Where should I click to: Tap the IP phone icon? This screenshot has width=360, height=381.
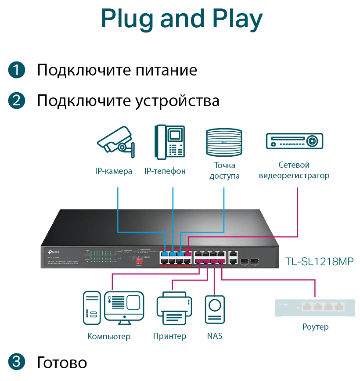[169, 141]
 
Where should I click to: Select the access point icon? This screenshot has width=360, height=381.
[224, 142]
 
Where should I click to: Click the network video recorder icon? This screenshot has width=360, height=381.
[295, 141]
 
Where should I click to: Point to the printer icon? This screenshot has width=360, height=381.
[172, 309]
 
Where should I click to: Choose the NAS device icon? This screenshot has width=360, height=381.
[215, 310]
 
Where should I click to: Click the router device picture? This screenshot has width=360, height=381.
[316, 307]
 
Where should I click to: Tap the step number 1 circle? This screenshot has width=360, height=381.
[16, 70]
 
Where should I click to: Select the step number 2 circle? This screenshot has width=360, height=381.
[16, 101]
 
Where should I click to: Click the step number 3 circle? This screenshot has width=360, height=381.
[16, 362]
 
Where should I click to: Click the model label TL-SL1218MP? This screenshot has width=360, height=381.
[319, 262]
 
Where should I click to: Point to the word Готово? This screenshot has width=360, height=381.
[62, 363]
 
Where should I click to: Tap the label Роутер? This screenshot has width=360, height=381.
[315, 327]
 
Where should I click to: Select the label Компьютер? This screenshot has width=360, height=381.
[109, 337]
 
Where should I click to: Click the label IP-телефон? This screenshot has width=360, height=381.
[165, 171]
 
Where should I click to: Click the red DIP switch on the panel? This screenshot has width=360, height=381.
[139, 260]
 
